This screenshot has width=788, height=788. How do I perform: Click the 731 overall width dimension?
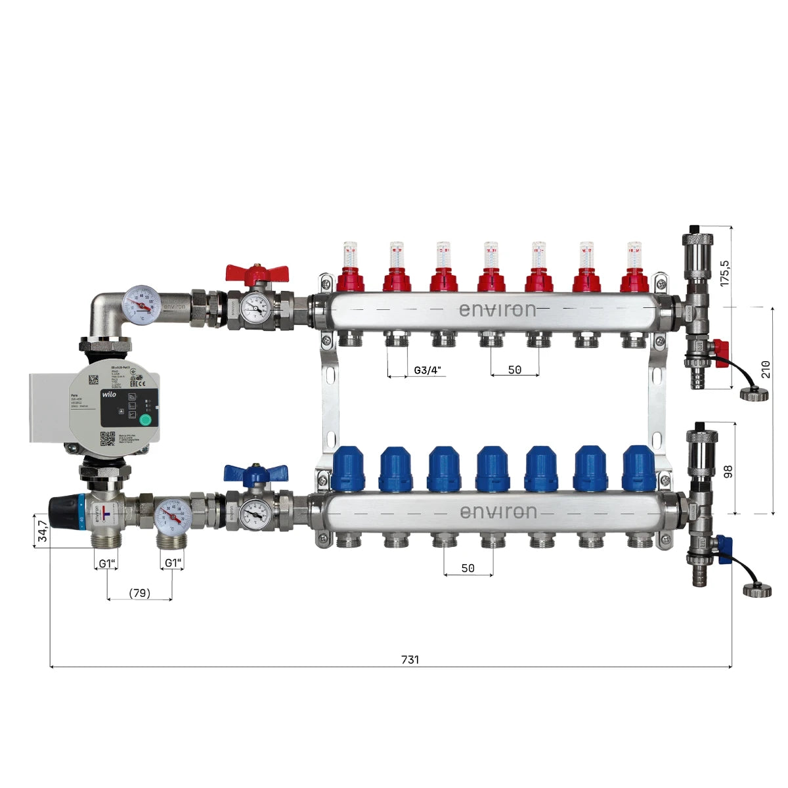pyautogui.click(x=409, y=659)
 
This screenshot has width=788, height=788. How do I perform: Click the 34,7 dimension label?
pyautogui.click(x=42, y=531)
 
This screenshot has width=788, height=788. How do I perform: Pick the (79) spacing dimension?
pyautogui.click(x=139, y=593)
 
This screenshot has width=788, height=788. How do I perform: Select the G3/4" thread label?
pyautogui.click(x=429, y=370)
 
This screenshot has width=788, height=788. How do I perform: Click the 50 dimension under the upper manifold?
pyautogui.click(x=515, y=370)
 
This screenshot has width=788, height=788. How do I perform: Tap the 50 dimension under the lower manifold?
pyautogui.click(x=468, y=568)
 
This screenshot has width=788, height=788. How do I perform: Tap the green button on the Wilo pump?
pyautogui.click(x=145, y=421)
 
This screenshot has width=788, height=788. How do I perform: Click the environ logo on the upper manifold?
pyautogui.click(x=497, y=309)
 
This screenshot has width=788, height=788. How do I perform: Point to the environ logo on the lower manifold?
pyautogui.click(x=498, y=512)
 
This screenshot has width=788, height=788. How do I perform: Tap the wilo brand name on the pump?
pyautogui.click(x=109, y=395)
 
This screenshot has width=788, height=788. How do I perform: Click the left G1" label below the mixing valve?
pyautogui.click(x=107, y=563)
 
